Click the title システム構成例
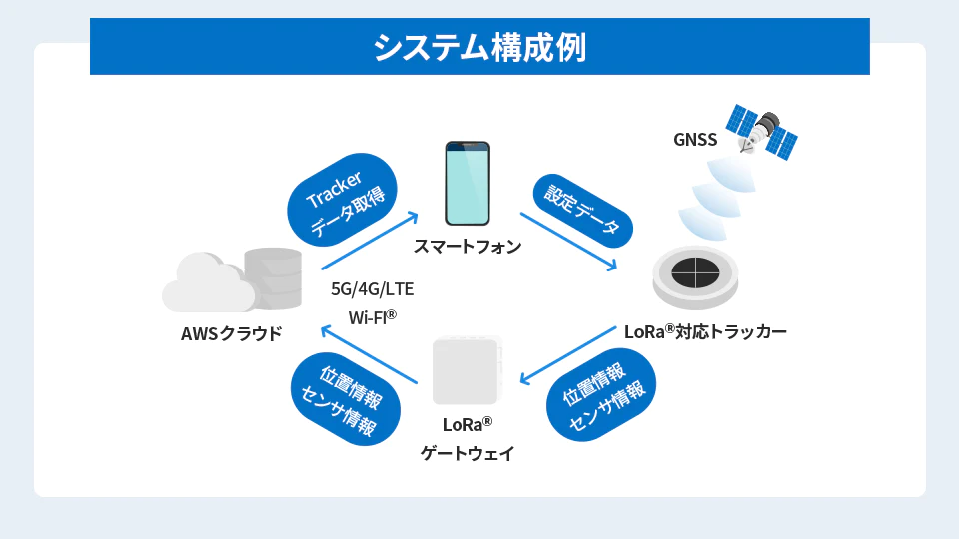tap(479, 47)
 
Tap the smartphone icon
tap(468, 184)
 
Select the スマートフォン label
tap(468, 246)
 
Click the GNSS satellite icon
tap(761, 132)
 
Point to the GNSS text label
tap(695, 140)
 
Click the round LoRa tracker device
tap(695, 278)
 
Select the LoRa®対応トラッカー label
tap(705, 331)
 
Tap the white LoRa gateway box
tap(468, 370)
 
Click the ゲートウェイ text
tap(468, 453)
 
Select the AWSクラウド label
tap(231, 333)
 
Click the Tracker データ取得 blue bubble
tap(342, 200)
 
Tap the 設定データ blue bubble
tap(582, 211)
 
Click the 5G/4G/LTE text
tap(372, 289)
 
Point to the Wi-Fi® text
tap(372, 317)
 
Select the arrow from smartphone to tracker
tap(568, 242)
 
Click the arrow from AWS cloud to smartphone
tap(370, 241)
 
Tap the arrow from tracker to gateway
tap(568, 355)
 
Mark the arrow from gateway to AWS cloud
tap(369, 355)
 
